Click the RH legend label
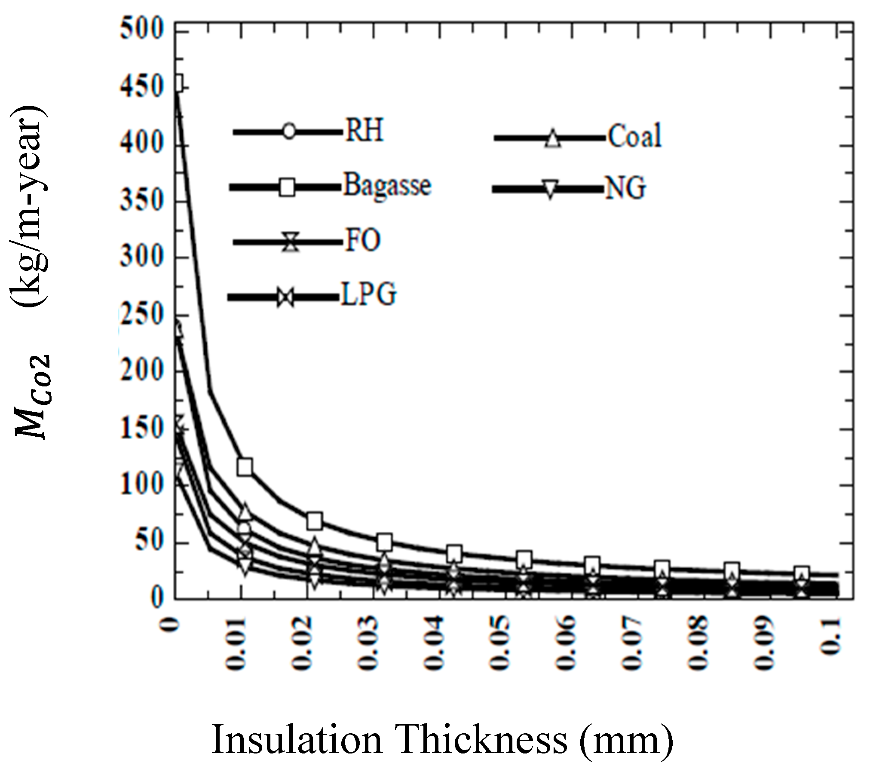(364, 130)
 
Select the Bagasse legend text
(387, 185)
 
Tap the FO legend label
(363, 240)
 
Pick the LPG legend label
(368, 295)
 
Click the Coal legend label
(634, 136)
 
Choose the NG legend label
(625, 188)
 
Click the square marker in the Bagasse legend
(287, 187)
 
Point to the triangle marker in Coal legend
(553, 139)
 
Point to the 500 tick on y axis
(142, 30)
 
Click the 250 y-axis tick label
(142, 315)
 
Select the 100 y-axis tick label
(142, 484)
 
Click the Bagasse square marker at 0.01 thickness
(245, 467)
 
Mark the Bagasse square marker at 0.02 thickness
(315, 521)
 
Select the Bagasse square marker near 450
(178, 83)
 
